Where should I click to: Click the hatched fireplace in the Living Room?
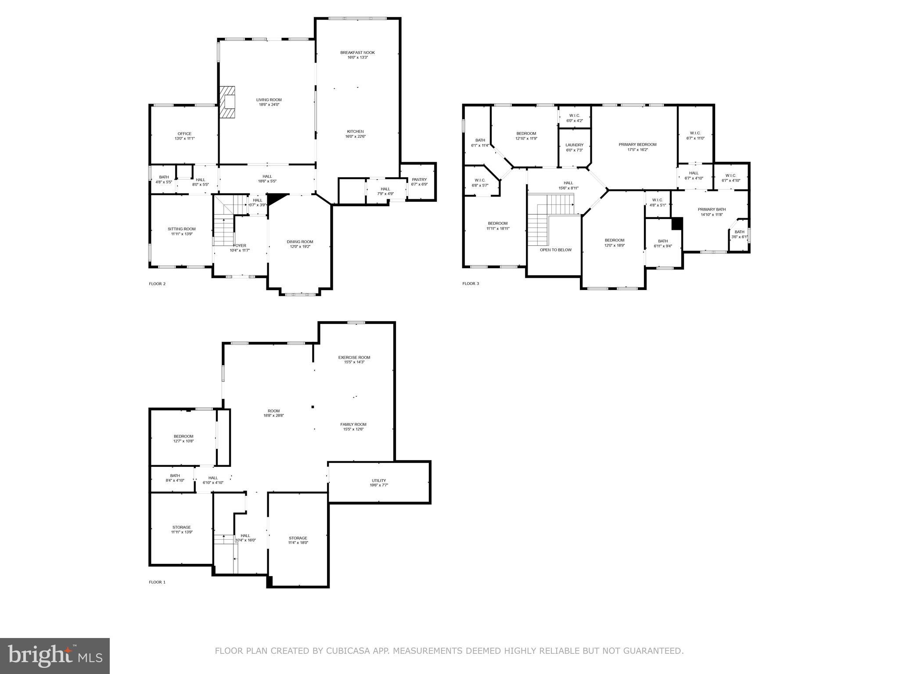[227, 102]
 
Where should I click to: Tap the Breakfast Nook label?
[357, 53]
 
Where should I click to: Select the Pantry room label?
[419, 179]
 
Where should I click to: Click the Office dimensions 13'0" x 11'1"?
[184, 139]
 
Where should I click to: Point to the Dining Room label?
[300, 242]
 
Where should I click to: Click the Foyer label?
[240, 246]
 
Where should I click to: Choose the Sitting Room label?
[182, 229]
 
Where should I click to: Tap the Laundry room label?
[574, 145]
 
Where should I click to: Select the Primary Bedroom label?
[637, 145]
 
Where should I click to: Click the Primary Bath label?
[712, 210]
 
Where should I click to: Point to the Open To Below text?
[556, 250]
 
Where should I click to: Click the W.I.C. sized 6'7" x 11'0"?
[695, 136]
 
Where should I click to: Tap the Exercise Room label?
[354, 358]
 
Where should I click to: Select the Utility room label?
[378, 480]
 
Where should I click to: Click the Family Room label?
[353, 424]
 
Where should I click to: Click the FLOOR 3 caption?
[471, 283]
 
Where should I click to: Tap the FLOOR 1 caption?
[157, 582]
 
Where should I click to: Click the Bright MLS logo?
[55, 656]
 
